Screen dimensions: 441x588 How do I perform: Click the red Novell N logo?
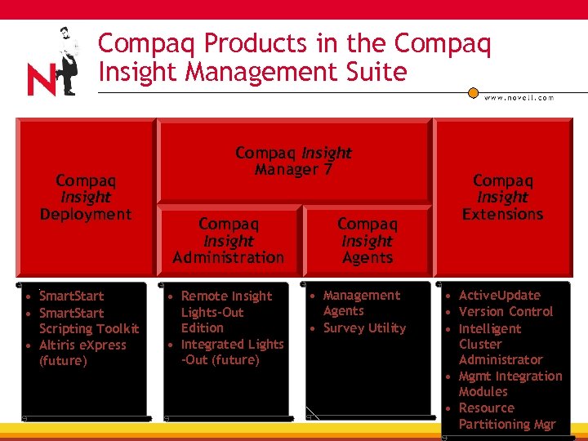pyautogui.click(x=42, y=79)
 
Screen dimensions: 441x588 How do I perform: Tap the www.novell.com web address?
pyautogui.click(x=519, y=97)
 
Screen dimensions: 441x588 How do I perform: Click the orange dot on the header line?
pyautogui.click(x=473, y=92)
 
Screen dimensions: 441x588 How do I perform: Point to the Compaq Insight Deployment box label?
pyautogui.click(x=86, y=197)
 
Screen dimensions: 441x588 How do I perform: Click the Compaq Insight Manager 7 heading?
pyautogui.click(x=293, y=161)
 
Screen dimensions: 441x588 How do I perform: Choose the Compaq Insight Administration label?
pyautogui.click(x=229, y=241)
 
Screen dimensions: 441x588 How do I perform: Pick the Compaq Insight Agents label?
pyautogui.click(x=367, y=241)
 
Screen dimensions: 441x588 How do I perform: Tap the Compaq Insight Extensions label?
pyautogui.click(x=502, y=197)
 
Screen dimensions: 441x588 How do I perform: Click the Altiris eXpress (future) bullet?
pyautogui.click(x=82, y=353)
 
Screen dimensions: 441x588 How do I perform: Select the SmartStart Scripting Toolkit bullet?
pyautogui.click(x=88, y=321)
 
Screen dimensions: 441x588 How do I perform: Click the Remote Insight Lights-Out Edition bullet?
pyautogui.click(x=225, y=312)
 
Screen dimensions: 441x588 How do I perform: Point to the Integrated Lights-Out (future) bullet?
pyautogui.click(x=231, y=352)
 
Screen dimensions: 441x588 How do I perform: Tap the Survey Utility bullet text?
pyautogui.click(x=364, y=327)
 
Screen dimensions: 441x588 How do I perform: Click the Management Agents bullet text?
pyautogui.click(x=361, y=303)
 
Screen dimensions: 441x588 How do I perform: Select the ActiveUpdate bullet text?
pyautogui.click(x=499, y=295)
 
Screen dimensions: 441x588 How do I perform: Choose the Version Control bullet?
pyautogui.click(x=506, y=311)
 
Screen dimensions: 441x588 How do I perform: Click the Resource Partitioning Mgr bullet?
pyautogui.click(x=506, y=416)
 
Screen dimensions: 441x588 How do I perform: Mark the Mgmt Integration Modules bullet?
pyautogui.click(x=510, y=384)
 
